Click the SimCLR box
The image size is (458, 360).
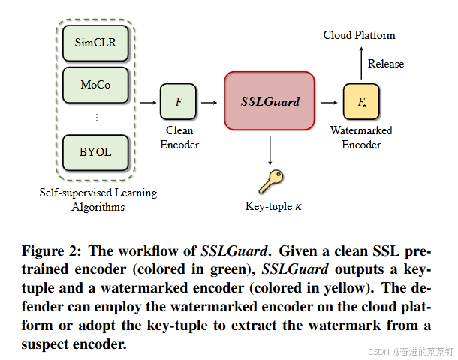(x=95, y=43)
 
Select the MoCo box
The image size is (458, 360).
(x=95, y=85)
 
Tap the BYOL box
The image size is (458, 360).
(x=95, y=152)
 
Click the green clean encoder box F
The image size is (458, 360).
(x=179, y=101)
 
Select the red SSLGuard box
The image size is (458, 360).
(x=270, y=101)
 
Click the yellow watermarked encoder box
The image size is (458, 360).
(x=361, y=102)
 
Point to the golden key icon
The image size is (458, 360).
(x=269, y=181)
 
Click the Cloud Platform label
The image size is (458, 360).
(x=359, y=35)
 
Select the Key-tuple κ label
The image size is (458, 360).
(x=270, y=206)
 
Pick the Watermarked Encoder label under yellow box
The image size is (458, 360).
(x=361, y=137)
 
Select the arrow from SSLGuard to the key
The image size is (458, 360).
(x=270, y=150)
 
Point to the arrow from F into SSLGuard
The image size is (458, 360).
(x=211, y=101)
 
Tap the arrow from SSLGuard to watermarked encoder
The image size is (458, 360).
(x=328, y=101)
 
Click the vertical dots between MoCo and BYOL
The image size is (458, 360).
(x=96, y=118)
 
